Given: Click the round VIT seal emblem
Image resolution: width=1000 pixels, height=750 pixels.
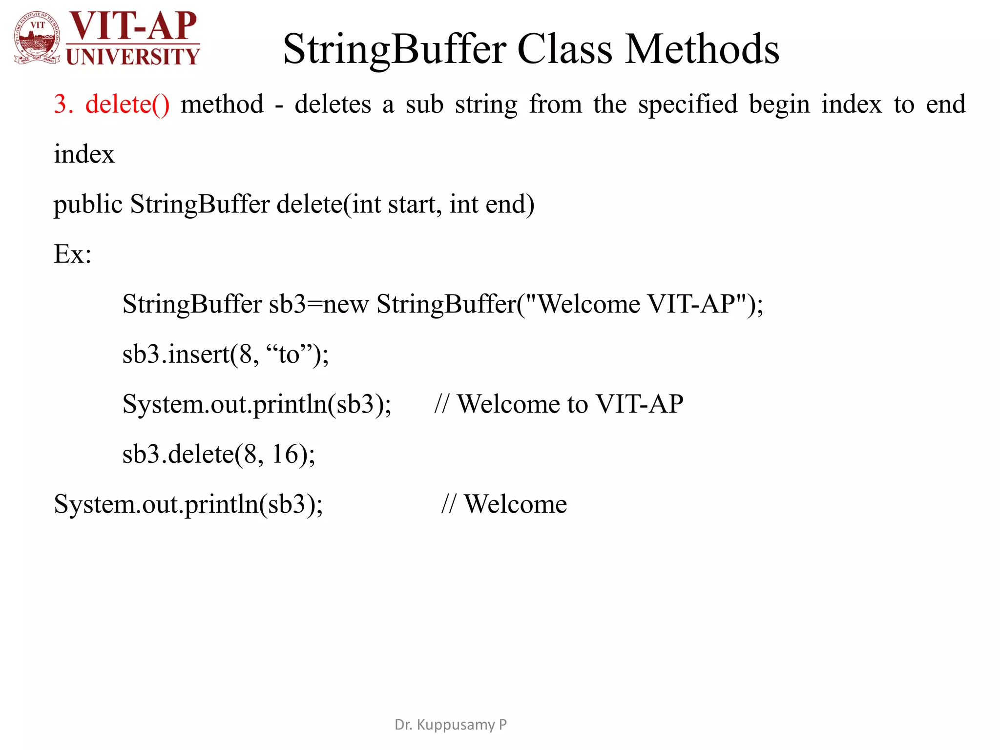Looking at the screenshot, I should (38, 38).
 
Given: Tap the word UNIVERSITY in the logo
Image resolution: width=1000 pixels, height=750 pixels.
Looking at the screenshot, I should (133, 57).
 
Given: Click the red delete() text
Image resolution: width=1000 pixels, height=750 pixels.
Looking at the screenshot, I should (127, 104).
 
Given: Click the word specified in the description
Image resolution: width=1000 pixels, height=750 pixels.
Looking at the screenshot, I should (687, 104).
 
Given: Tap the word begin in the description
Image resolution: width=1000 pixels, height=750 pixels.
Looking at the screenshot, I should (779, 104).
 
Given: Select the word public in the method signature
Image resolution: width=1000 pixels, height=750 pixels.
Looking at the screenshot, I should (88, 204).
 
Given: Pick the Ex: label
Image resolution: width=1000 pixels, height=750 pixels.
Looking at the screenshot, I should (72, 254).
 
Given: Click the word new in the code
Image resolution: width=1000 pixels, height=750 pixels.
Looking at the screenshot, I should (346, 304).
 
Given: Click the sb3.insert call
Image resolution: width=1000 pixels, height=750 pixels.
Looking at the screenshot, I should (176, 354).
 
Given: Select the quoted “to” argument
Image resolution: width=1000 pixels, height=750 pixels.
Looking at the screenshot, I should (289, 354).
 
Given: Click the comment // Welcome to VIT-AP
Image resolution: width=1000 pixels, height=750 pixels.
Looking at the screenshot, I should (559, 404).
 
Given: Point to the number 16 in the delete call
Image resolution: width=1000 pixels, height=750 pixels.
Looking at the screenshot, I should (285, 454).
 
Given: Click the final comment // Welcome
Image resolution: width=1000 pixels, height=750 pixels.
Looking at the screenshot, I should (504, 504).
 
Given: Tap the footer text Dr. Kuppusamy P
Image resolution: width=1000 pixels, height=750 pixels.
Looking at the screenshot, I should (450, 725).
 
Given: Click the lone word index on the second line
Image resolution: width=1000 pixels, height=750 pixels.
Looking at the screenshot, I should (84, 154).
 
